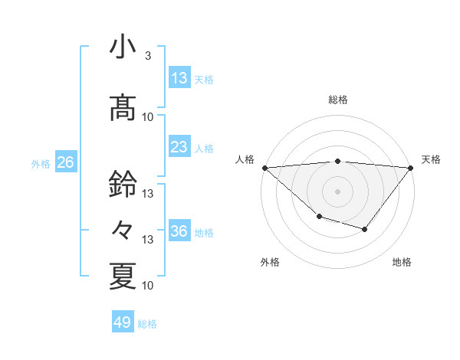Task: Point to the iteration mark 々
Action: click(x=123, y=228)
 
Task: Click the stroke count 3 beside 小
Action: click(x=147, y=56)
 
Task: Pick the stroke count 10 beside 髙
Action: click(x=149, y=116)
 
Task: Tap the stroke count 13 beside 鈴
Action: click(x=149, y=194)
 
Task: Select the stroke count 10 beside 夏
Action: click(x=149, y=285)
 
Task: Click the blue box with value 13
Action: click(x=179, y=77)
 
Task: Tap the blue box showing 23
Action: click(x=179, y=147)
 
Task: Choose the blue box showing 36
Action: click(x=179, y=232)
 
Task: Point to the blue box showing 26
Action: click(x=65, y=162)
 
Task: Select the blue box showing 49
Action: click(x=122, y=322)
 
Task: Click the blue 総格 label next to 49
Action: click(x=147, y=324)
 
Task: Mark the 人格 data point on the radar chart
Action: click(x=264, y=168)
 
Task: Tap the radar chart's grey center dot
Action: click(x=337, y=191)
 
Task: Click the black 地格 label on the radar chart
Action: click(x=402, y=262)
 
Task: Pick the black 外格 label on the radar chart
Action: click(x=270, y=262)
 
